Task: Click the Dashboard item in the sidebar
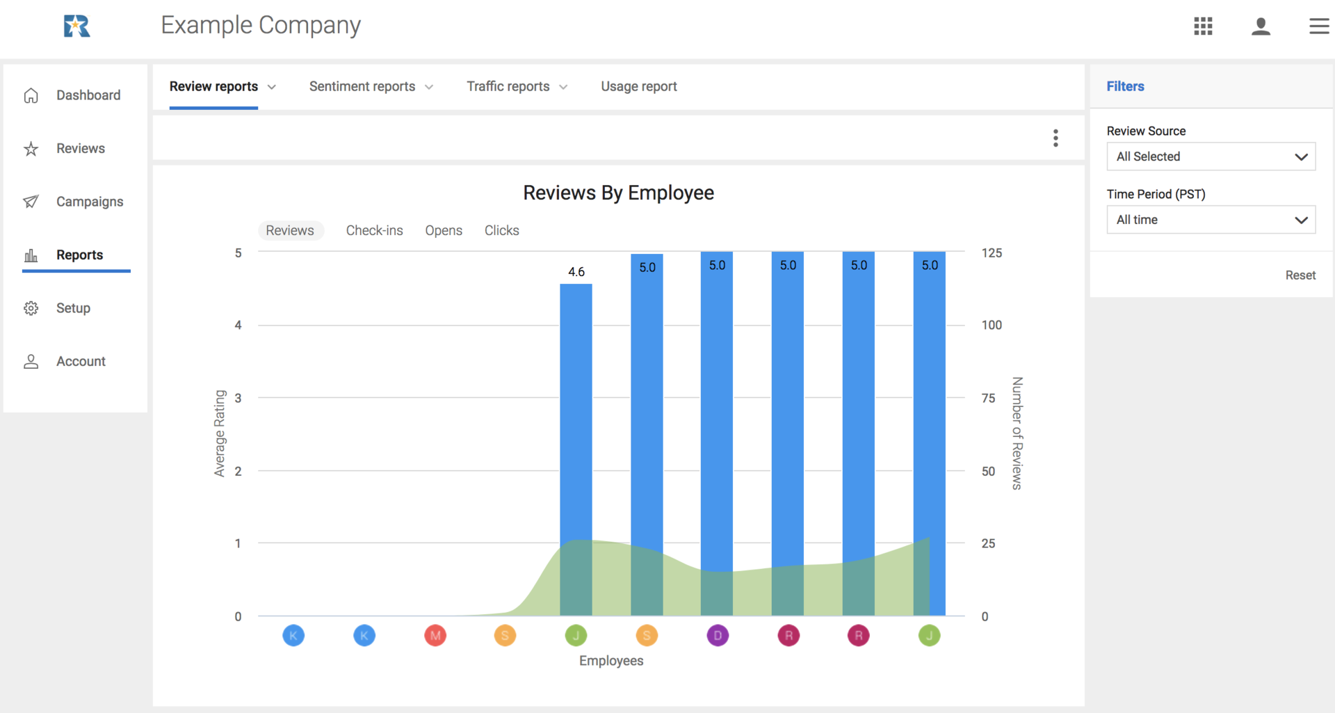[x=88, y=95]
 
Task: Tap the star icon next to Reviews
[x=31, y=149]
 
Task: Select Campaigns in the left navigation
[x=89, y=202]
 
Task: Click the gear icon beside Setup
[x=31, y=308]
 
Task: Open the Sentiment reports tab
[x=362, y=86]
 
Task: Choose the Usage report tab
[x=638, y=86]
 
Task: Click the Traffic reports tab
[x=508, y=86]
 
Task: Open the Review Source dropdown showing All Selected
[x=1211, y=157]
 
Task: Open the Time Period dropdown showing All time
[x=1211, y=220]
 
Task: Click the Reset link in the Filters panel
[x=1300, y=275]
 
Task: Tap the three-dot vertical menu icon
[x=1055, y=138]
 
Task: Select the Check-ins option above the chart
[x=374, y=230]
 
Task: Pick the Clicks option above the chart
[x=501, y=230]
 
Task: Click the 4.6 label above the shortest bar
[x=576, y=272]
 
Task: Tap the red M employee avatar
[x=435, y=635]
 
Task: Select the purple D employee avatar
[x=718, y=635]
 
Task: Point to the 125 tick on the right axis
[x=992, y=253]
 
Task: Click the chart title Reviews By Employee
[x=618, y=193]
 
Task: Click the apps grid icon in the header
[x=1203, y=26]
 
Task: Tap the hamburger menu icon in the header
[x=1318, y=26]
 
